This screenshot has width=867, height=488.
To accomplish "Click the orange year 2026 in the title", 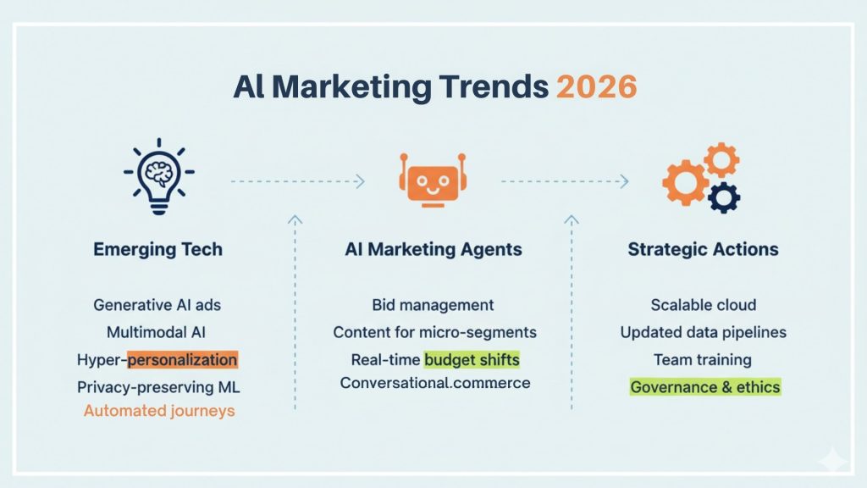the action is click(x=597, y=87).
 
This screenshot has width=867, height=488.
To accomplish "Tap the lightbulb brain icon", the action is click(x=158, y=176).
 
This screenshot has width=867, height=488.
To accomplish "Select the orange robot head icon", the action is click(x=433, y=180).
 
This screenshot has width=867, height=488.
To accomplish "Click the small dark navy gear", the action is click(x=724, y=197).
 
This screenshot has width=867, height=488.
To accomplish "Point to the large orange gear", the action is click(x=686, y=183).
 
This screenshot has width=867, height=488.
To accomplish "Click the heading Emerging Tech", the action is click(x=157, y=250).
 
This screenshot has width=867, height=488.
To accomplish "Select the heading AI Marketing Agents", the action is click(x=433, y=250).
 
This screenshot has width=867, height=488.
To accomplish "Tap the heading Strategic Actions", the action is click(x=703, y=250).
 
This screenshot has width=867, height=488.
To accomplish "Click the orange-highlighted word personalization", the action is click(x=183, y=359).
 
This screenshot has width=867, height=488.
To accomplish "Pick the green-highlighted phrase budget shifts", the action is click(x=472, y=359).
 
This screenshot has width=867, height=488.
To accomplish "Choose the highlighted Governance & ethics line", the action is click(x=705, y=386).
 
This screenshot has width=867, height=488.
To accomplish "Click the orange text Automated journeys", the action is click(x=159, y=411).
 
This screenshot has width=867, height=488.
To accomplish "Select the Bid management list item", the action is click(x=433, y=305).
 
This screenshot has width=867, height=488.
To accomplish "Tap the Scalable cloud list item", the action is click(x=704, y=305).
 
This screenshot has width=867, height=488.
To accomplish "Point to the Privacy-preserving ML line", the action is click(x=158, y=386).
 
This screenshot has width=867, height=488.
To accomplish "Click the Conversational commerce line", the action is click(x=435, y=383).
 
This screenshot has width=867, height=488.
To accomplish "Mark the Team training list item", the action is click(x=703, y=359).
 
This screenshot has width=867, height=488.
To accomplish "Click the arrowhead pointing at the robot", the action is click(x=361, y=181).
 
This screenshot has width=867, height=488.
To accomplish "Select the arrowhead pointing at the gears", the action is click(x=625, y=181).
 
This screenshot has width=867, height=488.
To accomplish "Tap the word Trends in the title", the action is click(x=494, y=87).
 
